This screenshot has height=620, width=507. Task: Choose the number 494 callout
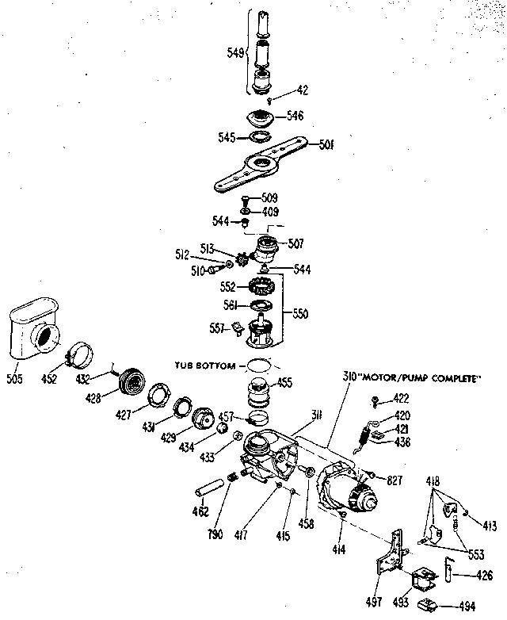point(467,607)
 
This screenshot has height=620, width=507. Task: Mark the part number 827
point(396,479)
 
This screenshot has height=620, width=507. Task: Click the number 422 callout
point(403,399)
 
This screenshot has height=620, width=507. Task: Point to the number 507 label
point(295,243)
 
